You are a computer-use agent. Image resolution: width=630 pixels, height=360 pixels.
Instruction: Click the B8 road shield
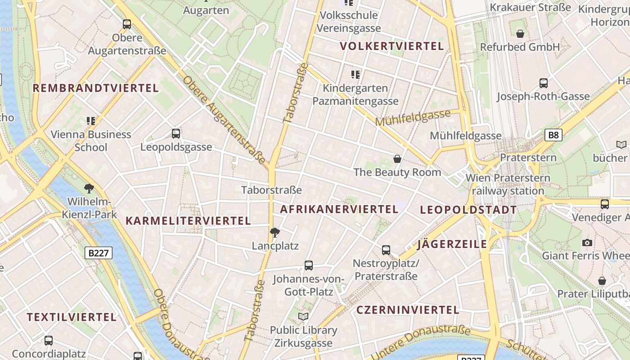point(553,135)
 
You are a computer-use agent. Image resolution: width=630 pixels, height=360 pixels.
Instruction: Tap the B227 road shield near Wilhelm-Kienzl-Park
point(99,253)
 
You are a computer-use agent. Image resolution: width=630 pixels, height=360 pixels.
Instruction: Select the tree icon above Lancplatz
point(274,233)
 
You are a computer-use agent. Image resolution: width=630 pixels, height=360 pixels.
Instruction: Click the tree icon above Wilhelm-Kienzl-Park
point(89,189)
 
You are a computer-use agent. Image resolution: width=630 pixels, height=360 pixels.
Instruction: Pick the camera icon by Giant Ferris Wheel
point(587,243)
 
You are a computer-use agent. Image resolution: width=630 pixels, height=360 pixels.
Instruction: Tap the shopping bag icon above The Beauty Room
point(397,159)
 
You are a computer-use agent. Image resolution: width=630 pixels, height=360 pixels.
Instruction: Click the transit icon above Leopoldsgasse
point(176,134)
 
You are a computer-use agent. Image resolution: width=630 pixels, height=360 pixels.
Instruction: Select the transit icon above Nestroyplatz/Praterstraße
point(386,250)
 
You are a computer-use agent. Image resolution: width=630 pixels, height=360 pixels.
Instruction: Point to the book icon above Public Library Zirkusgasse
point(303,317)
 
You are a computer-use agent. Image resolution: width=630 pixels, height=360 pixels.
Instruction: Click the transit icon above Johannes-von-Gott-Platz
point(309,265)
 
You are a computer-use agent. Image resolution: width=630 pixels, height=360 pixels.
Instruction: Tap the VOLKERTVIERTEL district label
point(392,46)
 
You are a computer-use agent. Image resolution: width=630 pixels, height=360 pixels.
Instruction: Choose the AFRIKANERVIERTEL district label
point(339,209)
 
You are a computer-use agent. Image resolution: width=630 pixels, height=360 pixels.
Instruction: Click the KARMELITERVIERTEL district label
point(188,221)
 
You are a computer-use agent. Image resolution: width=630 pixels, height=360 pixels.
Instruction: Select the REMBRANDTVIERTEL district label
point(96,88)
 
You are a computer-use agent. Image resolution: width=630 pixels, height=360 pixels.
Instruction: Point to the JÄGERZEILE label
point(452,244)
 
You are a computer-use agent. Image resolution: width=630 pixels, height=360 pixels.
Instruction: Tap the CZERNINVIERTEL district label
point(408,310)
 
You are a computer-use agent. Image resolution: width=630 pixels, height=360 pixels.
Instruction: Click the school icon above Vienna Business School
point(91,121)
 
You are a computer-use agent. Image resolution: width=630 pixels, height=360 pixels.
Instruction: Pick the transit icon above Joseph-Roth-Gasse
point(544,83)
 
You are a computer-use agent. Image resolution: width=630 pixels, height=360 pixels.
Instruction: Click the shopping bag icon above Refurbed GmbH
point(520,34)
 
